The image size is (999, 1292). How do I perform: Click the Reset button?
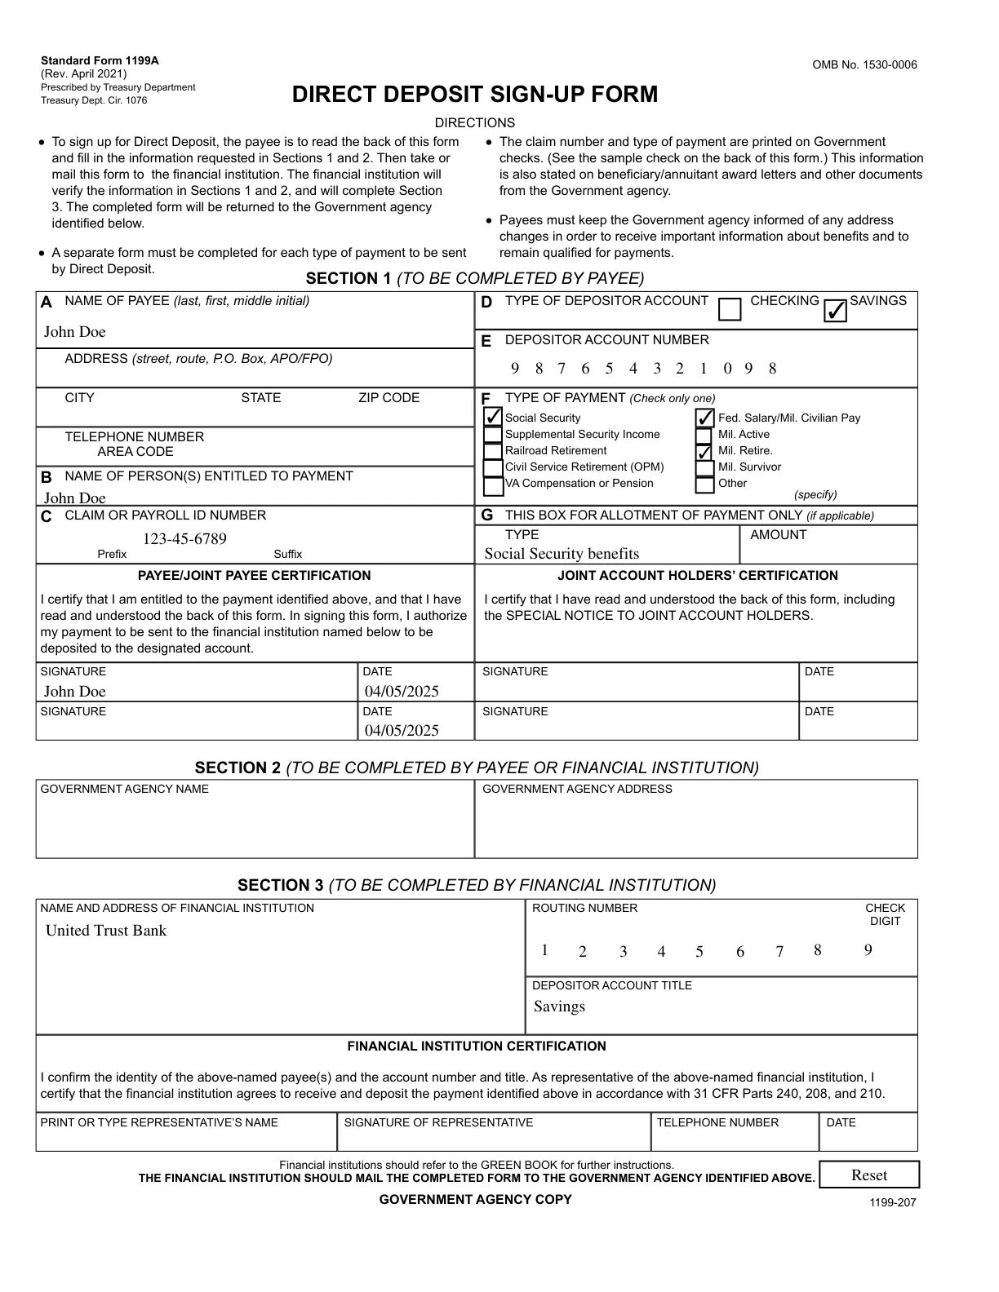[x=868, y=1175]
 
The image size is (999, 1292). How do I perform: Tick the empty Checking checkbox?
[x=730, y=309]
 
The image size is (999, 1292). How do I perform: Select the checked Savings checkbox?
[x=835, y=310]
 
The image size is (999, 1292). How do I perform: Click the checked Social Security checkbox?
[x=493, y=417]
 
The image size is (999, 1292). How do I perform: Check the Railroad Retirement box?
[x=493, y=451]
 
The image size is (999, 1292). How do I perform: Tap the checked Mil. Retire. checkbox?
[x=704, y=451]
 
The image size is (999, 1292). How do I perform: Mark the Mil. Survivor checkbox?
[x=704, y=468]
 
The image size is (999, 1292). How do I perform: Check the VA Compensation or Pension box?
[x=493, y=485]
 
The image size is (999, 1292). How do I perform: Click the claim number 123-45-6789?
[x=184, y=539]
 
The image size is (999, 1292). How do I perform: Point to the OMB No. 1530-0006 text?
[x=864, y=65]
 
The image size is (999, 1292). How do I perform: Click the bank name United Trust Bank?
[x=106, y=931]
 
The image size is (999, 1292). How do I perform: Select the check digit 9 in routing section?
[x=868, y=950]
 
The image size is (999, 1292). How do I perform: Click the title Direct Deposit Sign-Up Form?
[x=474, y=95]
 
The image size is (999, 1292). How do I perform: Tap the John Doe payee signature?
[x=75, y=692]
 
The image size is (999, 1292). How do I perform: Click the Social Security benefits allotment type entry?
[x=562, y=554]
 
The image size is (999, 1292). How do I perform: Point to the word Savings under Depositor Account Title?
[x=559, y=1007]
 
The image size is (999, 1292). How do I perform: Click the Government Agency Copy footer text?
[x=475, y=1199]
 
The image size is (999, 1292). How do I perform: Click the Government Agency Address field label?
[x=577, y=789]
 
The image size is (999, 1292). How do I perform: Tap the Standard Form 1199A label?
[x=100, y=60]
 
